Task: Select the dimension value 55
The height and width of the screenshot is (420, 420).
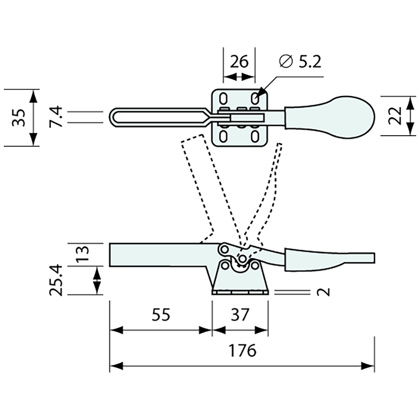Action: [x=161, y=315]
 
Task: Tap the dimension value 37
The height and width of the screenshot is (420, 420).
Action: [x=240, y=315]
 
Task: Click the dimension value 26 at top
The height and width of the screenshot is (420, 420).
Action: [x=239, y=61]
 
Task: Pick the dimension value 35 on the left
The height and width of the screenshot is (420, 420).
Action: [x=18, y=117]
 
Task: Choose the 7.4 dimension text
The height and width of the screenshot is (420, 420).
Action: [x=56, y=117]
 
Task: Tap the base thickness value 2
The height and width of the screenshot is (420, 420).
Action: [x=323, y=292]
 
